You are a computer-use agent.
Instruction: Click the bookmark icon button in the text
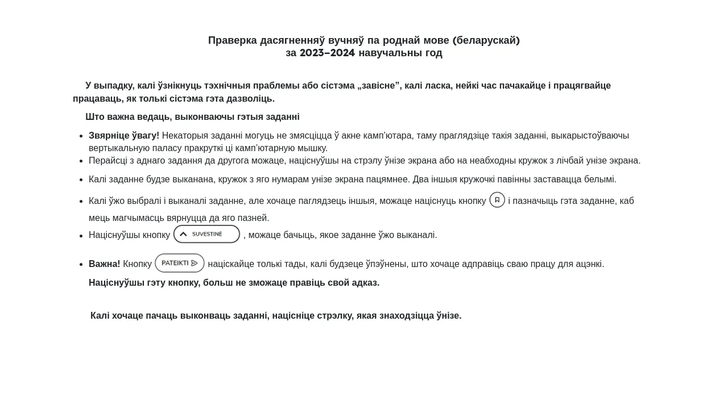pos(497,200)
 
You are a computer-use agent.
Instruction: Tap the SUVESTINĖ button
pos(206,234)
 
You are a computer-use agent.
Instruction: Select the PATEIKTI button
pos(180,263)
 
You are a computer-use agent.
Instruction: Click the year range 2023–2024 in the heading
pos(327,53)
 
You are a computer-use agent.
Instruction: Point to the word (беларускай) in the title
pos(486,40)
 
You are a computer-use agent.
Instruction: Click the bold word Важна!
pos(104,264)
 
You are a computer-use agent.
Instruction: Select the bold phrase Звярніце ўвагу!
pos(124,136)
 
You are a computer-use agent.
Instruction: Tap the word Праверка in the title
pos(233,40)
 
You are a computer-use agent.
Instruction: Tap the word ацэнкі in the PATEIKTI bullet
pos(588,264)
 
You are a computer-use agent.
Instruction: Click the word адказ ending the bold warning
pos(364,283)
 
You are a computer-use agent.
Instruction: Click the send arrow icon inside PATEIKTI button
pos(195,263)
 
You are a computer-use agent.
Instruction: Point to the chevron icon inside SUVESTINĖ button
pos(183,234)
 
